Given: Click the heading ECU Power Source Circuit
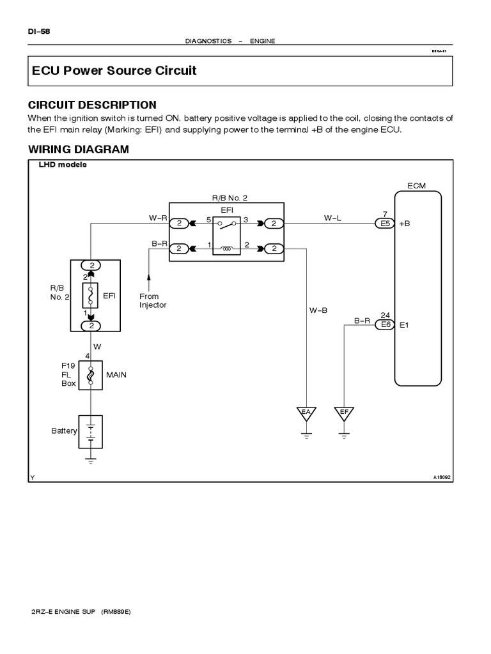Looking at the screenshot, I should click(x=114, y=71).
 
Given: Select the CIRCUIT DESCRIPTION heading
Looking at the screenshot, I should click(x=92, y=105).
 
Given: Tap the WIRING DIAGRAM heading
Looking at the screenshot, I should click(x=79, y=149).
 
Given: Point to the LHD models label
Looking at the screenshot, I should click(x=63, y=164).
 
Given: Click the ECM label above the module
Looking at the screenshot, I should click(x=416, y=186).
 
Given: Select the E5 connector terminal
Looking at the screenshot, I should click(x=385, y=224).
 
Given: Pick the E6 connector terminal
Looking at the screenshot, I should click(x=385, y=324).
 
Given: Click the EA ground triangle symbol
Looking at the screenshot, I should click(x=306, y=413).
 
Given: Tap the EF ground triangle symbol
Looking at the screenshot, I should click(x=344, y=413).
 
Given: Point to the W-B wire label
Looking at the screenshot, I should click(x=318, y=310).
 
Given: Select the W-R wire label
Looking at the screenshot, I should click(x=158, y=217).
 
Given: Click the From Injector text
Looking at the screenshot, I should click(x=153, y=301).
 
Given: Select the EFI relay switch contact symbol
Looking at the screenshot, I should click(x=227, y=224).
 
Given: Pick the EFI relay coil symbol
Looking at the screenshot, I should click(x=227, y=248).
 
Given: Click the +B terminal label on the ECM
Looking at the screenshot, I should click(x=404, y=225).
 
